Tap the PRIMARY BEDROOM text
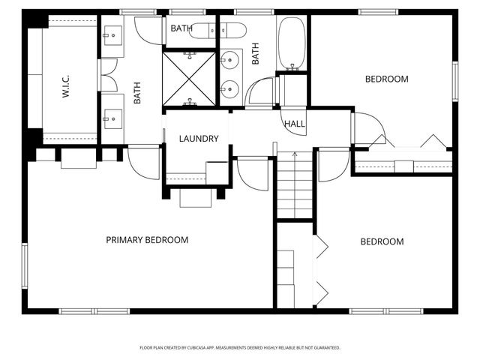point(147,240)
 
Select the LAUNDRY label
point(199,139)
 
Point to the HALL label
point(295,124)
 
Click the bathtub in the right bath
point(292,43)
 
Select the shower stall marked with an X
point(190,78)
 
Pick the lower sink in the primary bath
point(113,118)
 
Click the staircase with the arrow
point(295,184)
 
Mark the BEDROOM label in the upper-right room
point(386,79)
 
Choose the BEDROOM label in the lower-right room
point(382,241)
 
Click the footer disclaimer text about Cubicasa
point(240,348)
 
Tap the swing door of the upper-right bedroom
point(367,129)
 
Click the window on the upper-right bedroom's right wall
point(454,81)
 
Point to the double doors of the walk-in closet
point(108,76)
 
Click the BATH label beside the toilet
point(181,28)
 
